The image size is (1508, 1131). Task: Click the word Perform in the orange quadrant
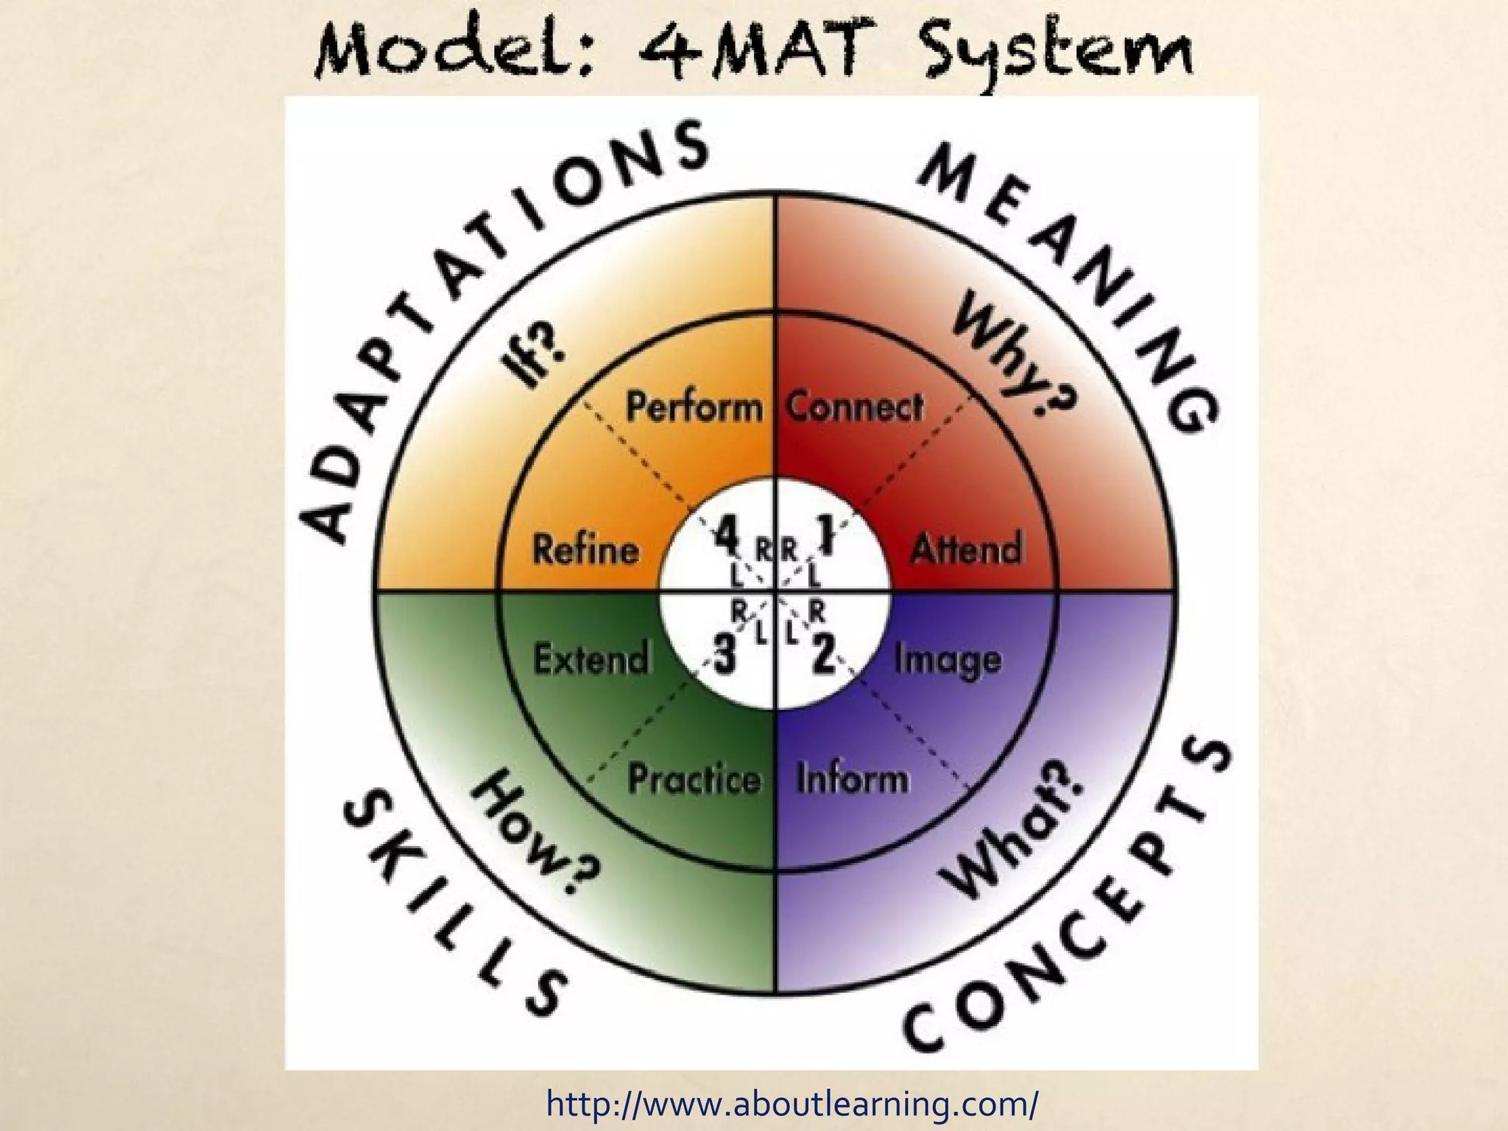[694, 407]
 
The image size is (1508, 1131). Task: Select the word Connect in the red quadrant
[854, 407]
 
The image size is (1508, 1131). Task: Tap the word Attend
[967, 548]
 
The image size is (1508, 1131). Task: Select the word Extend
[591, 658]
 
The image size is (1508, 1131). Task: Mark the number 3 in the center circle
[725, 653]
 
